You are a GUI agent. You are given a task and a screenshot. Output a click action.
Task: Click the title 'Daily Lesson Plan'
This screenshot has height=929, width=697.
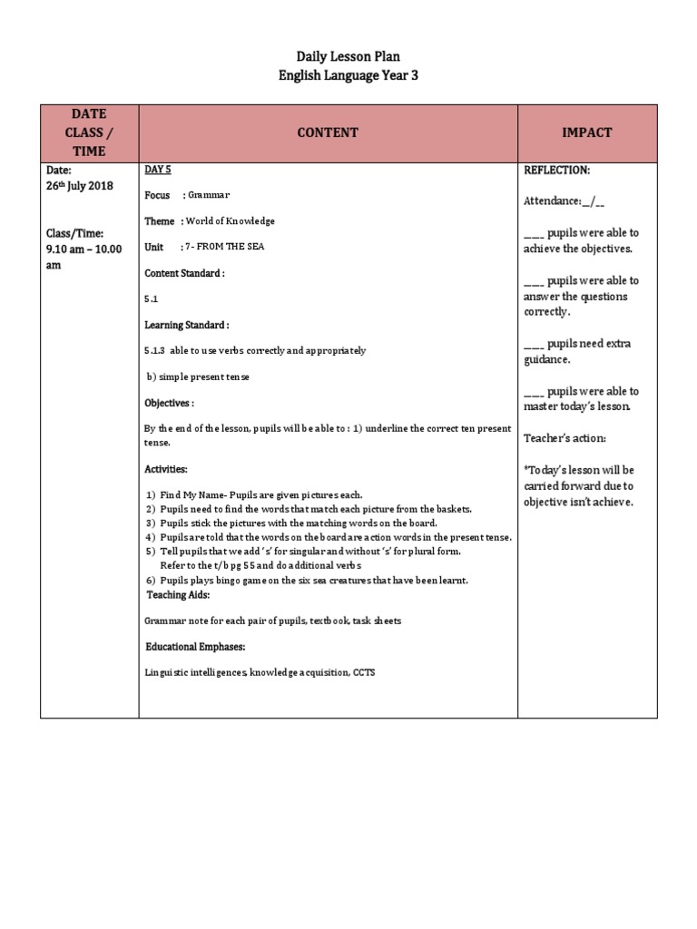tap(348, 57)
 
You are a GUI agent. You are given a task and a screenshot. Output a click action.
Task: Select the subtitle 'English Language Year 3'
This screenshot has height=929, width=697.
tap(348, 75)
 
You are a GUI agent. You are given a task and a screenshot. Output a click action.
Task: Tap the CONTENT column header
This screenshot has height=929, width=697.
tap(328, 132)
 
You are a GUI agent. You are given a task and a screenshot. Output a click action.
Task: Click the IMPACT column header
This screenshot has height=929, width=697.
tap(585, 132)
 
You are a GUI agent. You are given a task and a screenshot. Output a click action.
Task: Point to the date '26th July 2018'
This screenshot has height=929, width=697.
tap(80, 186)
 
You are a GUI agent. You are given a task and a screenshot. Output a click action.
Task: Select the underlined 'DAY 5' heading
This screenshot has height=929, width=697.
tap(158, 170)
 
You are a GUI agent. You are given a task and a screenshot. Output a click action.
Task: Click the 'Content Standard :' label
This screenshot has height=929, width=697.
tap(184, 273)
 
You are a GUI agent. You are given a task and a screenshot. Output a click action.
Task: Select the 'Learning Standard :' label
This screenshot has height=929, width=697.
tap(187, 325)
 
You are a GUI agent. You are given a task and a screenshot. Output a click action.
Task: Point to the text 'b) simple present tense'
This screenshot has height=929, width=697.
tap(198, 376)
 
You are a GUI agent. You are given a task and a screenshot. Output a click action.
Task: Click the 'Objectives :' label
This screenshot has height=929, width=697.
tap(170, 402)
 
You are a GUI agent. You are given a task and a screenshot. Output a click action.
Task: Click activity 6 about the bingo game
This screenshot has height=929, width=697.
tap(307, 581)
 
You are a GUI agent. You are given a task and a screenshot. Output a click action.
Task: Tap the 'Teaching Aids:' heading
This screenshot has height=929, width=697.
tap(179, 595)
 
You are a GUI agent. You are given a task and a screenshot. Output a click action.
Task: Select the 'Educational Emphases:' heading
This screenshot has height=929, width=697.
tap(196, 646)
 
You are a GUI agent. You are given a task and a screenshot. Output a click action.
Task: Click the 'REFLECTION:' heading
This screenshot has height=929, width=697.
tap(556, 170)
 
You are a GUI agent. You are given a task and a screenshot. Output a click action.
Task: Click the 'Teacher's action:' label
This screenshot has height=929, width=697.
tap(564, 438)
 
